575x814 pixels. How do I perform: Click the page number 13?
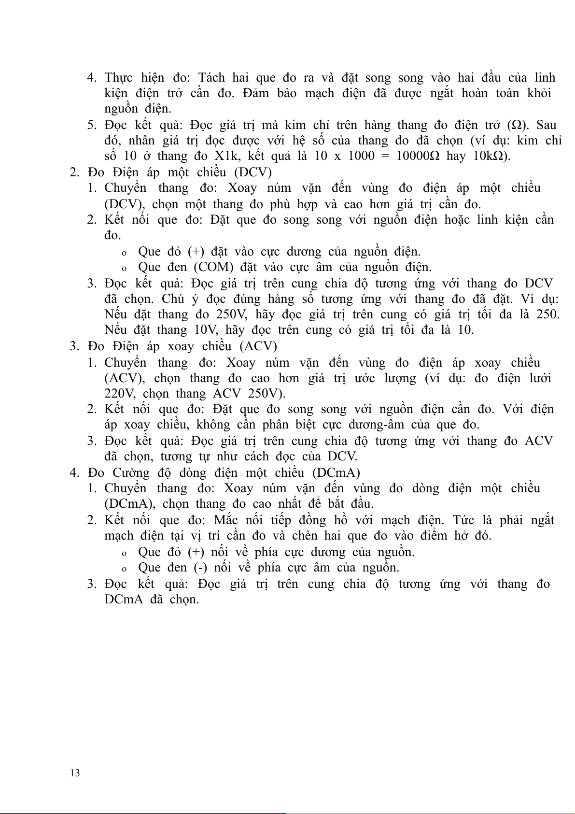[x=75, y=773]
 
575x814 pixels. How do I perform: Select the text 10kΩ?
[x=491, y=157]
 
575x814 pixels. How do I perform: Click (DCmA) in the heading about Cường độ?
[x=336, y=472]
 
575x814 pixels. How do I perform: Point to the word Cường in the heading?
[x=131, y=472]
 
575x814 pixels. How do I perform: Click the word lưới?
[x=539, y=378]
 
